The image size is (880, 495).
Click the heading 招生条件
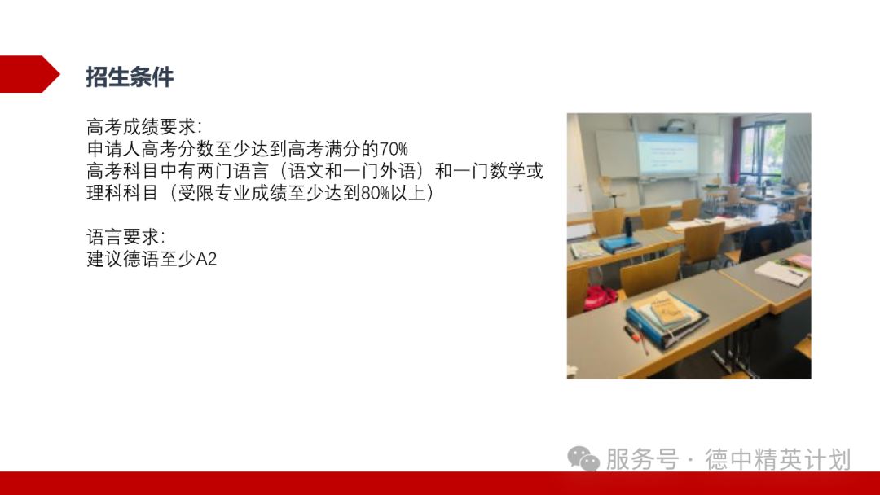[130, 77]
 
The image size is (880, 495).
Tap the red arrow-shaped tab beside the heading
[29, 74]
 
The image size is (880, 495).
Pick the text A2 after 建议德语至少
[207, 261]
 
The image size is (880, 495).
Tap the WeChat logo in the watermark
[583, 459]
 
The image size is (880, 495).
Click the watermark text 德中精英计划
[777, 459]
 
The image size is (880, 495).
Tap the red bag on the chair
[601, 297]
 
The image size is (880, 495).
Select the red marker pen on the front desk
[635, 337]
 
